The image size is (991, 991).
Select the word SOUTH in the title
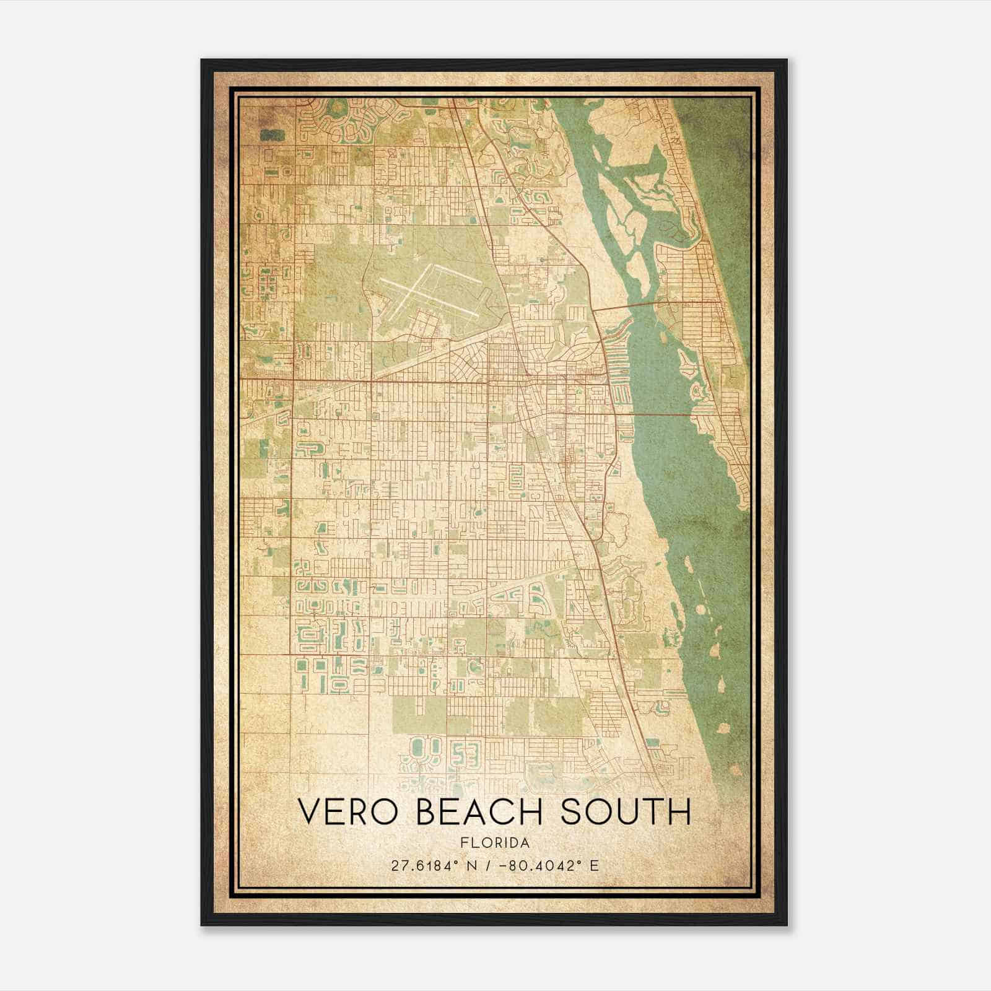click(626, 812)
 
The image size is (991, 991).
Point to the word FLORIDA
click(495, 843)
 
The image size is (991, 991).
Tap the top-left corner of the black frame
click(202, 60)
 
